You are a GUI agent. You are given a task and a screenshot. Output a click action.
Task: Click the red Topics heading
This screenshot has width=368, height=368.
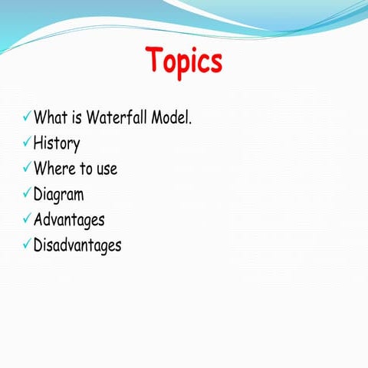[183, 61]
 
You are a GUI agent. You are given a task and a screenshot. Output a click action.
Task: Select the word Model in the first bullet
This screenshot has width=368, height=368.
[168, 119]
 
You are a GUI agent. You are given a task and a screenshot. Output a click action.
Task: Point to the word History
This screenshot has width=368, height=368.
[57, 143]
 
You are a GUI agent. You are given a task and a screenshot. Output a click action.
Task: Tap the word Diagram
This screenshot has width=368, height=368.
[59, 195]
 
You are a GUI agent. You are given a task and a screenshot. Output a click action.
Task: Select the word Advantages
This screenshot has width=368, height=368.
[69, 220]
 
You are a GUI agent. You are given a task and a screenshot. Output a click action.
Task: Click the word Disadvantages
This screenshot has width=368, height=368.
[77, 245]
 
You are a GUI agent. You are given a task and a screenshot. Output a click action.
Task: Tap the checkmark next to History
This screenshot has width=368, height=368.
[26, 143]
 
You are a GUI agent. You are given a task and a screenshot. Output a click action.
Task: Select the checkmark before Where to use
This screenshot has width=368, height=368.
[26, 169]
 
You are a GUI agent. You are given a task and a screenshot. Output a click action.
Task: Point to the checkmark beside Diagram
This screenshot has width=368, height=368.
[26, 194]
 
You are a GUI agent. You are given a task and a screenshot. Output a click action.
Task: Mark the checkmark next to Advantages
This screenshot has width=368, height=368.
[26, 219]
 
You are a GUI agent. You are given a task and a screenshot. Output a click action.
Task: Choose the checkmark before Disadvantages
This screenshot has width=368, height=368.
[26, 245]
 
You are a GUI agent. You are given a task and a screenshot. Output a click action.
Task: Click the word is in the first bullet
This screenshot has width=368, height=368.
[78, 119]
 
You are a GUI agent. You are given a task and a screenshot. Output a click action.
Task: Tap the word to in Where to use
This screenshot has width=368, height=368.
[84, 169]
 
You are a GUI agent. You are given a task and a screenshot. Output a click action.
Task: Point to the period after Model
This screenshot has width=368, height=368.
[189, 124]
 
